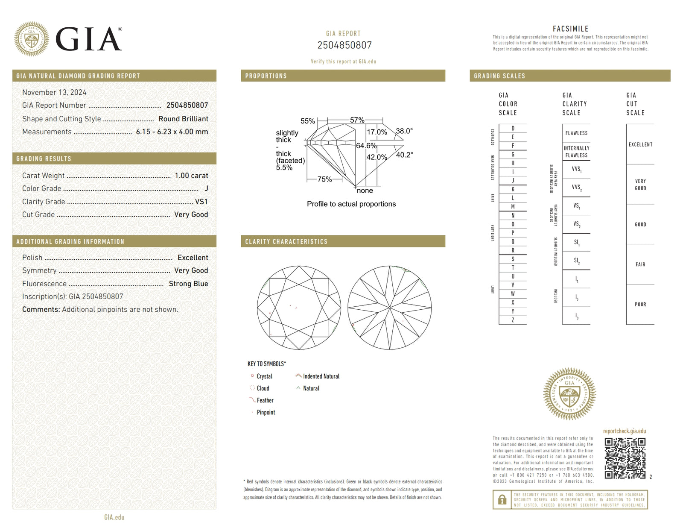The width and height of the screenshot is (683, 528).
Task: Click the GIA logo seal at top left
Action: click(x=31, y=39)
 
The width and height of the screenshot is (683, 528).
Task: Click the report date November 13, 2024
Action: click(x=54, y=92)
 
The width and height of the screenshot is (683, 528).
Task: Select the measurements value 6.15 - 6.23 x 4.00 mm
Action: click(x=172, y=132)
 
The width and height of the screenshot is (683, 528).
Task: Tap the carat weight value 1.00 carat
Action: click(x=191, y=176)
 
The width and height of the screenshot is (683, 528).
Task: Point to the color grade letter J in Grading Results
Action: click(x=206, y=188)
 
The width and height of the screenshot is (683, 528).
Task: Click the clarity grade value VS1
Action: click(x=201, y=202)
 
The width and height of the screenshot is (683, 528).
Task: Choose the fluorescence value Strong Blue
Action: click(x=188, y=284)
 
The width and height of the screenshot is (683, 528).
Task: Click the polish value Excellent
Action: click(x=193, y=258)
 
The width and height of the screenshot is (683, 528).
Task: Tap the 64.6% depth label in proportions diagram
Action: click(x=366, y=146)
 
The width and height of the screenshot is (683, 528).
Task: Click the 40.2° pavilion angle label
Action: click(x=404, y=155)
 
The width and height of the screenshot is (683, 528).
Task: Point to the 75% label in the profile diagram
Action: click(x=324, y=179)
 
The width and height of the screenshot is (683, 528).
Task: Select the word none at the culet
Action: click(x=365, y=191)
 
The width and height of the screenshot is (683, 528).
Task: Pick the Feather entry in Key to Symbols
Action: click(x=265, y=400)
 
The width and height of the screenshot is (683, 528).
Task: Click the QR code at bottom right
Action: click(x=625, y=458)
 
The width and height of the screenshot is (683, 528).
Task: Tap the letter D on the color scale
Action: click(x=513, y=128)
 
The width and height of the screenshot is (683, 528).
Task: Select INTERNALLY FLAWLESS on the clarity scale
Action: click(x=576, y=152)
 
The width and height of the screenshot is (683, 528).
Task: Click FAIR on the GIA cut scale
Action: click(x=640, y=264)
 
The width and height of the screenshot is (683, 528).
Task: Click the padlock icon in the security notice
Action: click(x=502, y=499)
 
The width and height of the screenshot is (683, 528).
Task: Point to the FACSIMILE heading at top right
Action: click(x=570, y=29)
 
